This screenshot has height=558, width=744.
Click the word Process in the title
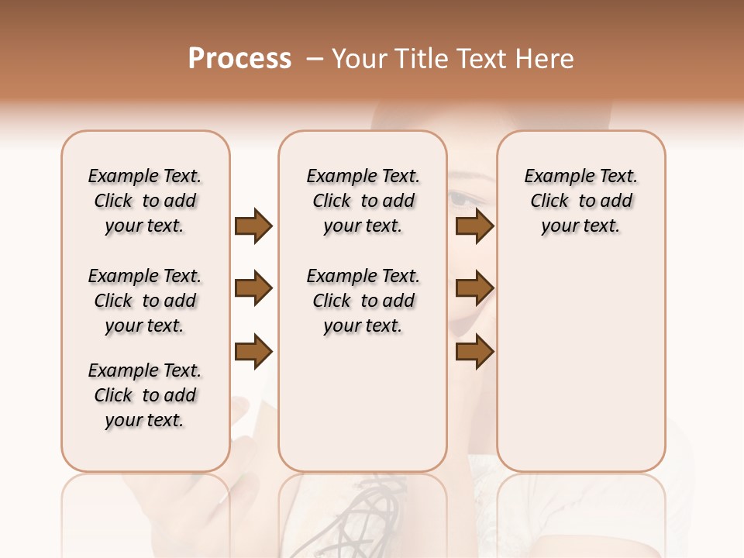(239, 59)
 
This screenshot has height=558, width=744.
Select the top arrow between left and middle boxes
(253, 226)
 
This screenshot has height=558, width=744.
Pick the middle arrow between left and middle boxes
(253, 289)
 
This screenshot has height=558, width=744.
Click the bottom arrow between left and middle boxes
(253, 352)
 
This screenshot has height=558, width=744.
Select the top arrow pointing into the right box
(474, 226)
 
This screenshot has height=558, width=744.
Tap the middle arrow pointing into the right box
(474, 289)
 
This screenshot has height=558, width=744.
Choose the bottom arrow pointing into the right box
(474, 352)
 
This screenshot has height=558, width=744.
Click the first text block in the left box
(145, 201)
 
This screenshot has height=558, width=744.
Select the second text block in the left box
(145, 301)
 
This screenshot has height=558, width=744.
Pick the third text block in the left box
(145, 395)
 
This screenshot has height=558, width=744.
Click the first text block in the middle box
(363, 201)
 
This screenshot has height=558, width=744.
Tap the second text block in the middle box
(363, 301)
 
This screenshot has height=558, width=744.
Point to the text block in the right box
(580, 201)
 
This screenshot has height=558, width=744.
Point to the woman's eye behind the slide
(463, 199)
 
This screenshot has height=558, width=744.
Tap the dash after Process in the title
(315, 59)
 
